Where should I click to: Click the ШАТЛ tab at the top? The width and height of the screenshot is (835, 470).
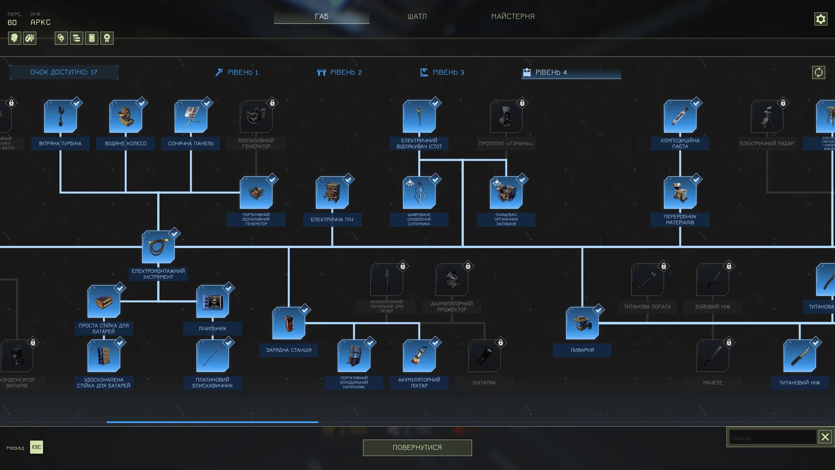pyautogui.click(x=417, y=16)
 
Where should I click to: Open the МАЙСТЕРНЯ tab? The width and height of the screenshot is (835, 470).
pyautogui.click(x=513, y=16)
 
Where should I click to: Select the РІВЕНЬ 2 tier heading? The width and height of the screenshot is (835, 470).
pyautogui.click(x=340, y=72)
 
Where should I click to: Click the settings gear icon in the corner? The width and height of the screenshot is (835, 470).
pyautogui.click(x=821, y=19)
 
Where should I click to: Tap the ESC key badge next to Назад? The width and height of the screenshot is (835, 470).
pyautogui.click(x=36, y=447)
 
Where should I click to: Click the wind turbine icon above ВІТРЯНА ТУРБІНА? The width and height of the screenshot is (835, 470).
pyautogui.click(x=60, y=117)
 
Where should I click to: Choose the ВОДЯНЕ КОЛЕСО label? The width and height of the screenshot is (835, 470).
pyautogui.click(x=126, y=144)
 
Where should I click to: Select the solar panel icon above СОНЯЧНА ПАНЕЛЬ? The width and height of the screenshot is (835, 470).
pyautogui.click(x=191, y=117)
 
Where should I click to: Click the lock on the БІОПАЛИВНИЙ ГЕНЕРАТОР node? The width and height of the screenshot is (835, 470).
pyautogui.click(x=272, y=103)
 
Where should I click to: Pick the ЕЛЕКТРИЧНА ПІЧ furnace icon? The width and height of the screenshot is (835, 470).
pyautogui.click(x=332, y=193)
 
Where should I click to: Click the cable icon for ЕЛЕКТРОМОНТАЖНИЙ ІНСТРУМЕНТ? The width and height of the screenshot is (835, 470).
pyautogui.click(x=158, y=247)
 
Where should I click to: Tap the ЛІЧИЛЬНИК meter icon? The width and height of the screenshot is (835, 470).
pyautogui.click(x=212, y=302)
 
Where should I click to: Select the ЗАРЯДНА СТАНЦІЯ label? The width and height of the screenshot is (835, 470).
pyautogui.click(x=289, y=350)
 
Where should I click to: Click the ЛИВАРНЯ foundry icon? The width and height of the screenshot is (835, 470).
pyautogui.click(x=582, y=323)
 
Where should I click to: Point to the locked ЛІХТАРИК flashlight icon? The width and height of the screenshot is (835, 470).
pyautogui.click(x=484, y=356)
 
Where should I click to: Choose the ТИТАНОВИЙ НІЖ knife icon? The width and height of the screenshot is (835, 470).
pyautogui.click(x=799, y=356)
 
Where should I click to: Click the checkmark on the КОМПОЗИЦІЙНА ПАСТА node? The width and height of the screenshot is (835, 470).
pyautogui.click(x=696, y=103)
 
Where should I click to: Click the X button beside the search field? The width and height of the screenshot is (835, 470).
pyautogui.click(x=825, y=437)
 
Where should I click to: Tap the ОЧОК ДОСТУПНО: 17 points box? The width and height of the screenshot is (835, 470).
pyautogui.click(x=64, y=72)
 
